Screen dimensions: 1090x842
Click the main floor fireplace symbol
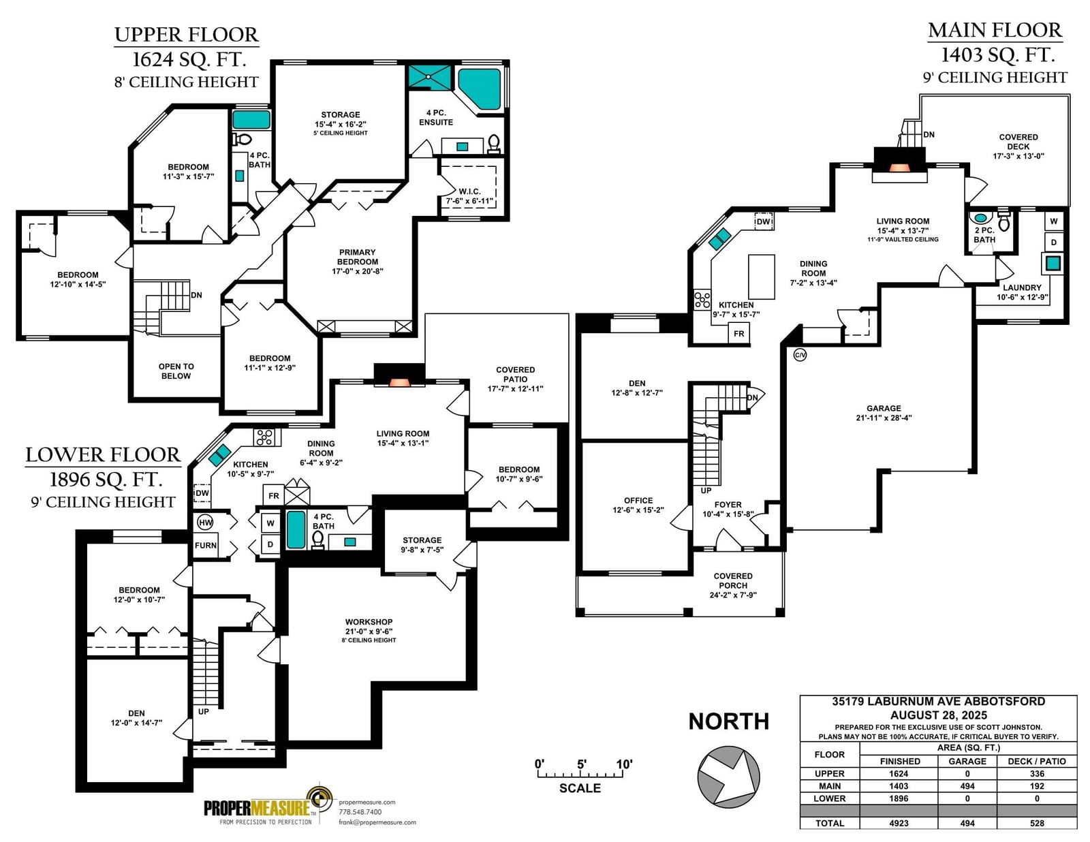(899, 165)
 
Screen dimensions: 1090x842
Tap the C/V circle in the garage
(800, 355)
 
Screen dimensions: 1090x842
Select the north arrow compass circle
(728, 777)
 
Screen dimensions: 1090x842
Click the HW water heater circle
(206, 522)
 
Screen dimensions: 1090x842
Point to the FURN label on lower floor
(206, 546)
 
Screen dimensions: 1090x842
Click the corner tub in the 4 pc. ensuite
(479, 89)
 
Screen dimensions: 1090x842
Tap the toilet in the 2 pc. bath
(1003, 221)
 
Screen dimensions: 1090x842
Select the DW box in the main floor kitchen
(764, 221)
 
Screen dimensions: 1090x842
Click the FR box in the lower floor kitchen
(273, 496)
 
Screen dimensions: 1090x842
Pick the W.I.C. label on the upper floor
(469, 191)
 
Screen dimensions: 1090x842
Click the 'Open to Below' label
(176, 371)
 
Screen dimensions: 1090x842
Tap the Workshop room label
(369, 622)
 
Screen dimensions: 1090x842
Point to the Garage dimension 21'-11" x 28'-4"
(884, 418)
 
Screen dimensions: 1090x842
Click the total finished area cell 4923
(899, 823)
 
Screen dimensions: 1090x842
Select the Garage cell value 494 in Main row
(967, 786)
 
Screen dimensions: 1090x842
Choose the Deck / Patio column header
(1037, 761)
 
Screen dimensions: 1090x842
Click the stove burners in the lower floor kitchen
(265, 437)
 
